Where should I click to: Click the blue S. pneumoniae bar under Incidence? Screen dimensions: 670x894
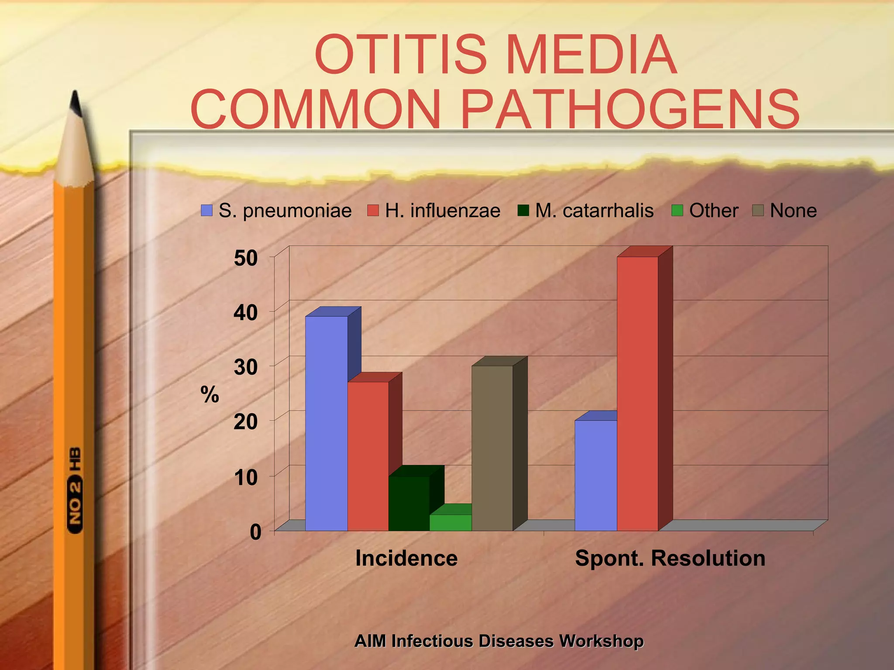click(326, 423)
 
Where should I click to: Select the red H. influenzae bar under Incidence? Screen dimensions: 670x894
click(368, 456)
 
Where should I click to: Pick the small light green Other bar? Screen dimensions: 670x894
click(450, 522)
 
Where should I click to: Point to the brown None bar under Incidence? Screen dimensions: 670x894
click(492, 448)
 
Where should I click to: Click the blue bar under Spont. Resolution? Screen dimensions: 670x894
click(595, 475)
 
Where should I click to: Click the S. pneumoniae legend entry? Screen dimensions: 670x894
click(276, 211)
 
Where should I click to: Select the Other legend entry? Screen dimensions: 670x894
click(705, 211)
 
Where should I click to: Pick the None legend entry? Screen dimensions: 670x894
click(784, 211)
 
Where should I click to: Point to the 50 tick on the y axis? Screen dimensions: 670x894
click(246, 258)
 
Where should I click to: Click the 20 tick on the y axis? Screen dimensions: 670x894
click(246, 422)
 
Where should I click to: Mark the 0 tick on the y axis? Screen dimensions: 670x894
click(255, 532)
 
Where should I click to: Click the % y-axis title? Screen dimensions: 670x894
click(210, 395)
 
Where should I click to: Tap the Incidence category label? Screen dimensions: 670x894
click(406, 558)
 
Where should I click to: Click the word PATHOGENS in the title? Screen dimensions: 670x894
click(629, 109)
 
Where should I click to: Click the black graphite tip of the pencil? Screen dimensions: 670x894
click(76, 103)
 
